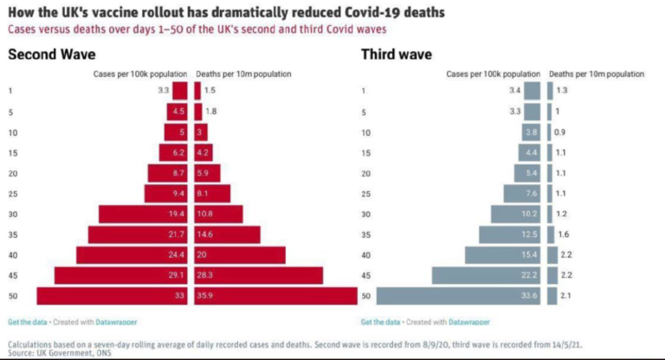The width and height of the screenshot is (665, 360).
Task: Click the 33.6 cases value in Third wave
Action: [529, 297]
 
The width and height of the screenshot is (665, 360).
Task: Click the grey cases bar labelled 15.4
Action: [503, 255]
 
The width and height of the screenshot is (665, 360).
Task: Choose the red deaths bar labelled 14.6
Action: [228, 235]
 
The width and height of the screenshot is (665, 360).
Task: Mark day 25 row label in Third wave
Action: [366, 193]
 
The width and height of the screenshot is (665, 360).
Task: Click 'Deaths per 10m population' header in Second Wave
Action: [243, 74]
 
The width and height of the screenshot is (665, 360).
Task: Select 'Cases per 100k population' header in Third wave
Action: [494, 74]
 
